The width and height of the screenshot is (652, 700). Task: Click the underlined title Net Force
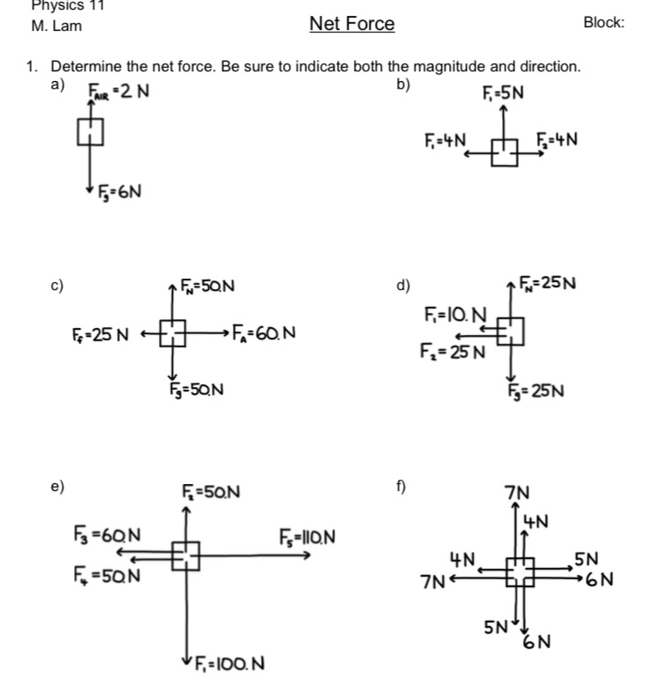click(x=352, y=25)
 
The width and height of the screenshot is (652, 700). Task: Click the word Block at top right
click(x=603, y=24)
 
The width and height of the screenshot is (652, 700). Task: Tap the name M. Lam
click(x=56, y=26)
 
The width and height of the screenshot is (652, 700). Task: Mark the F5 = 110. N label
click(x=306, y=537)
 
